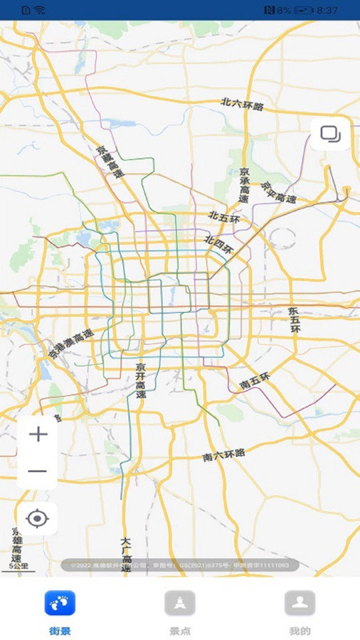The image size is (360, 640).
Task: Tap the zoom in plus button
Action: [38, 434]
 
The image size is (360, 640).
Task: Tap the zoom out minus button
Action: [38, 471]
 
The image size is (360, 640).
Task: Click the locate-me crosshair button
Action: [37, 518]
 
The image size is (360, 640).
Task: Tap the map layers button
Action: [330, 133]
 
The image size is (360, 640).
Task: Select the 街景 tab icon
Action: [60, 603]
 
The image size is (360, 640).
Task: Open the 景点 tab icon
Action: [180, 603]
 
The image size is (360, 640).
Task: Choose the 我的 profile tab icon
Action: [300, 603]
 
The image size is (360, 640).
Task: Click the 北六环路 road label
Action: [242, 105]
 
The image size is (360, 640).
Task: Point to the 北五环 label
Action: [224, 218]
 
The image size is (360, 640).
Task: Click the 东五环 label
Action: [295, 320]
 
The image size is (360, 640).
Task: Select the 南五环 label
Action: [255, 382]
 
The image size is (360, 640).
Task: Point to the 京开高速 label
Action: [141, 380]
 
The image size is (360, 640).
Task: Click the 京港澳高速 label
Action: [70, 343]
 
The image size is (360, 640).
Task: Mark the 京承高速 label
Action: [244, 186]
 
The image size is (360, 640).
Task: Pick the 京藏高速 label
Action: [110, 163]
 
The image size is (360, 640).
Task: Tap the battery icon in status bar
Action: [304, 11]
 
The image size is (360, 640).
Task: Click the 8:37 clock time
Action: [327, 11]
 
